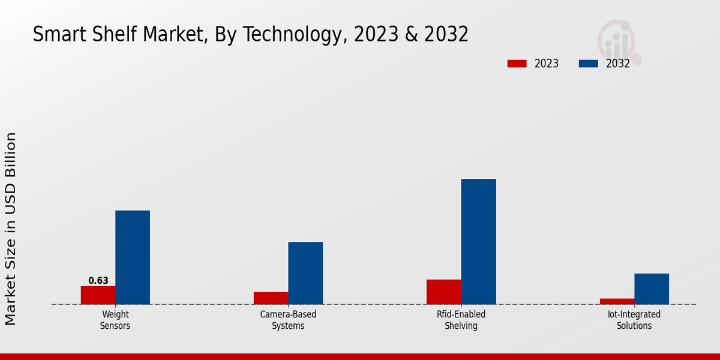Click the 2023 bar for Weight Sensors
[x=98, y=295]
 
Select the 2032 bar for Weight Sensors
[x=133, y=257]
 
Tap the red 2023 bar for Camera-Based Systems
[x=271, y=298]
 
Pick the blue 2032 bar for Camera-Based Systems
[x=305, y=273]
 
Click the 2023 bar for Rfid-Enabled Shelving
[x=444, y=292]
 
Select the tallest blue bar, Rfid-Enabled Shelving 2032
[x=479, y=241]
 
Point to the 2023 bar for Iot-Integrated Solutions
[x=617, y=301]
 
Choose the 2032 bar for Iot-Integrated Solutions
[x=652, y=289]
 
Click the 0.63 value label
[x=98, y=281]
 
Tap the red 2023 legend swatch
[x=517, y=64]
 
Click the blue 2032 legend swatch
[x=588, y=64]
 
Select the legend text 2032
[x=618, y=64]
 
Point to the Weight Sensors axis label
[x=115, y=320]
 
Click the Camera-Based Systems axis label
[x=288, y=320]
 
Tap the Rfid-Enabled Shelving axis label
[x=461, y=320]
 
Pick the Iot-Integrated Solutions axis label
[x=634, y=320]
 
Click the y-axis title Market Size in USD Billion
[x=11, y=229]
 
